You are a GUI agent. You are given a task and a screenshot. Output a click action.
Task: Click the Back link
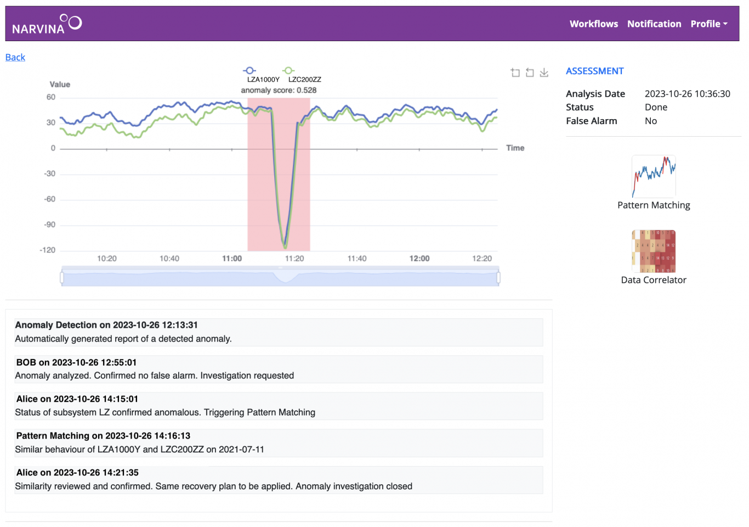click(15, 57)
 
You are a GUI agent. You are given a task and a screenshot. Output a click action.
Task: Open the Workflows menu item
click(593, 24)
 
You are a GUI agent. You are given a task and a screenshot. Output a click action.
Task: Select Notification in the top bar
click(654, 24)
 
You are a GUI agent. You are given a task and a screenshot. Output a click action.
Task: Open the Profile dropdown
click(708, 24)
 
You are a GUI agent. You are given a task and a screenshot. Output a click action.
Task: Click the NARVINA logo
click(47, 24)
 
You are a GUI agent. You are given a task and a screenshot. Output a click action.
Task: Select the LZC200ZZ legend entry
click(304, 75)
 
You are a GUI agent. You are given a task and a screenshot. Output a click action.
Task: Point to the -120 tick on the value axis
click(48, 250)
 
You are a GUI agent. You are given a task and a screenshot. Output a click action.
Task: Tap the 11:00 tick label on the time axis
click(232, 259)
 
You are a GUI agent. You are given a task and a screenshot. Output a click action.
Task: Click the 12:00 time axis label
click(419, 259)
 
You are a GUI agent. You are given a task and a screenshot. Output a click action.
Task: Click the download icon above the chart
click(544, 72)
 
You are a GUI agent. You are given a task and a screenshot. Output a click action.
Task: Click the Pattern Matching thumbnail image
click(654, 176)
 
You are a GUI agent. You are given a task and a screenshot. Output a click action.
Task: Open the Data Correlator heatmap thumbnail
click(654, 251)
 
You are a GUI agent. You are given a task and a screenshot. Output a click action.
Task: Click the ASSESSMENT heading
click(594, 71)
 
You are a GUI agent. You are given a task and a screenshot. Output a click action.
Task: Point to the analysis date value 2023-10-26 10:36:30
click(687, 94)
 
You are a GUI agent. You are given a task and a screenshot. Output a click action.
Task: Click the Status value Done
click(656, 108)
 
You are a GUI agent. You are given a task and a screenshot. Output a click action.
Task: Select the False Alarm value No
click(651, 121)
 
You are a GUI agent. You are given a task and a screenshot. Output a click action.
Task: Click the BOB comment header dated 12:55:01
click(76, 362)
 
